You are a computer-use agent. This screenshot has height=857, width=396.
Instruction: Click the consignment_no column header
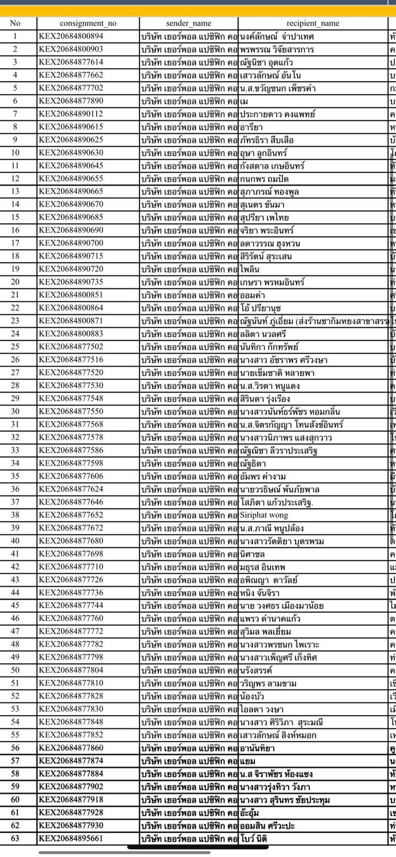88,23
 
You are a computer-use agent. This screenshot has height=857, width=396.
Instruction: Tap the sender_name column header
188,23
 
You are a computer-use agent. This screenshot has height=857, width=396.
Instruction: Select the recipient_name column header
313,23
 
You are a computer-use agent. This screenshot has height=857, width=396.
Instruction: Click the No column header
15,23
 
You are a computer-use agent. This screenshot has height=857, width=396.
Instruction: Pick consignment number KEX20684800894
71,36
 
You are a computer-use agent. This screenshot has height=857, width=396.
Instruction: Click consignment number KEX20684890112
71,114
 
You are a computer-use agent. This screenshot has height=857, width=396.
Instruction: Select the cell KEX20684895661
71,838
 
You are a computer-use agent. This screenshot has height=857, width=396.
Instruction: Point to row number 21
15,295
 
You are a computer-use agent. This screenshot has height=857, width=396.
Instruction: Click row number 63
15,838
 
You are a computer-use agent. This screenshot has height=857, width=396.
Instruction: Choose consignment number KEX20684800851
71,295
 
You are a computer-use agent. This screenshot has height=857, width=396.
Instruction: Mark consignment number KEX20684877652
71,515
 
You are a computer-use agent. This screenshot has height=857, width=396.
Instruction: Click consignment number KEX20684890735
71,282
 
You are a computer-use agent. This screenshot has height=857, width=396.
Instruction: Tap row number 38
15,515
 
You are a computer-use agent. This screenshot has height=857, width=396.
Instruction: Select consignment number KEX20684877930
71,825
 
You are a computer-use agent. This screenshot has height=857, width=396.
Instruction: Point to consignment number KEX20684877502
71,347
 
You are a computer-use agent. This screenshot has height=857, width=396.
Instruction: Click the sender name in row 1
188,36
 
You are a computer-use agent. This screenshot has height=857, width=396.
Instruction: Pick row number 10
15,153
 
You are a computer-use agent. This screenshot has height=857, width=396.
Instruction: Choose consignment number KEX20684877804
71,670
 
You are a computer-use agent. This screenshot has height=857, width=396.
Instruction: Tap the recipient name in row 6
244,101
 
